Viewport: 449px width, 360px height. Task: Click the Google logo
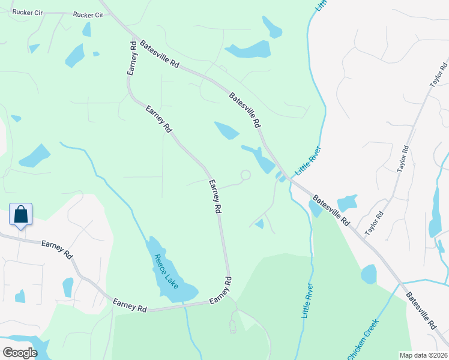pyautogui.click(x=20, y=352)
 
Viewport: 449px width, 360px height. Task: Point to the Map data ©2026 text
pyautogui.click(x=423, y=355)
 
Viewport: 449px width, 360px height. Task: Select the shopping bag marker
pyautogui.click(x=20, y=215)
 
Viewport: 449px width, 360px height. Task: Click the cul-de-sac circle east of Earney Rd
pyautogui.click(x=245, y=175)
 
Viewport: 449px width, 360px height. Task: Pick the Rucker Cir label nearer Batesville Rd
pyautogui.click(x=88, y=14)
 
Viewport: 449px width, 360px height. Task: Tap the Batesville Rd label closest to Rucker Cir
pyautogui.click(x=160, y=54)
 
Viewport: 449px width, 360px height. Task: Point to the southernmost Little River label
pyautogui.click(x=307, y=301)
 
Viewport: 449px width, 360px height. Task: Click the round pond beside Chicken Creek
pyautogui.click(x=369, y=274)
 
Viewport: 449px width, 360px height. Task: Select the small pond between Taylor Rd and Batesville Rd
pyautogui.click(x=346, y=203)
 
